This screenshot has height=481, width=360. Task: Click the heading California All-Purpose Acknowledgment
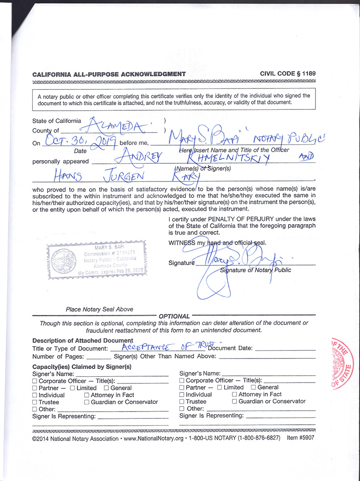[x=109, y=74]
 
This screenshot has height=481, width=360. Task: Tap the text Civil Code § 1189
[x=288, y=74]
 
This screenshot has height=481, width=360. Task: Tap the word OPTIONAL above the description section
[x=175, y=316]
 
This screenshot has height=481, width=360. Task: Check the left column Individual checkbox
[x=35, y=395]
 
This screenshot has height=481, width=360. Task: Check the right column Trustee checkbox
[x=182, y=402]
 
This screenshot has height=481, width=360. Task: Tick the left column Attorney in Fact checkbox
[x=87, y=395]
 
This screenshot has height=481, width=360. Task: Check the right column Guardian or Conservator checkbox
[x=234, y=402]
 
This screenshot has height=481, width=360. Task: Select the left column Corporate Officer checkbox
[x=35, y=381]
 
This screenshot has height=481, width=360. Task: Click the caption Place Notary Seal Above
[x=99, y=309]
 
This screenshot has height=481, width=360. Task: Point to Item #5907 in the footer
[x=301, y=438]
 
